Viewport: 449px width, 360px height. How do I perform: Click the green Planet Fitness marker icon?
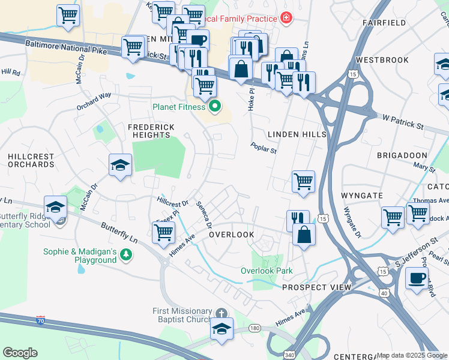click(214, 107)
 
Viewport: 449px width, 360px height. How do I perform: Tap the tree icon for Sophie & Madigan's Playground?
click(126, 255)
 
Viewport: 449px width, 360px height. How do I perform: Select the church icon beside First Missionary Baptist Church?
click(221, 313)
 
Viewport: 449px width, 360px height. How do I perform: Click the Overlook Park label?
click(267, 271)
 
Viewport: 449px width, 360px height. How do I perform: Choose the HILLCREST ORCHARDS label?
click(31, 160)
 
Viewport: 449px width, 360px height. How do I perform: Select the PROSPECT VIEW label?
click(316, 287)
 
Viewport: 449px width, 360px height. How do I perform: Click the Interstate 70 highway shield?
click(40, 320)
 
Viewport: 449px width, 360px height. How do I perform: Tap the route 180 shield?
click(255, 328)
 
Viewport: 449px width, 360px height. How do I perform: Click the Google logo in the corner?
click(20, 353)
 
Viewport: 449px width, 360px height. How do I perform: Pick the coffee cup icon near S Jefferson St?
click(417, 278)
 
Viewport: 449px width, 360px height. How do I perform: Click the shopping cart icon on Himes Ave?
click(163, 233)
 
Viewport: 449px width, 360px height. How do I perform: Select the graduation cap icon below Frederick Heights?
click(120, 165)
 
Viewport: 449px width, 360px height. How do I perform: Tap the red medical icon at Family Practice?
click(286, 18)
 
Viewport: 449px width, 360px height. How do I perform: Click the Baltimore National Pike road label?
click(66, 47)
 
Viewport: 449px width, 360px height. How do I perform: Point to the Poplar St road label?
click(264, 148)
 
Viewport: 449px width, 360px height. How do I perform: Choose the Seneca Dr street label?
click(205, 214)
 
